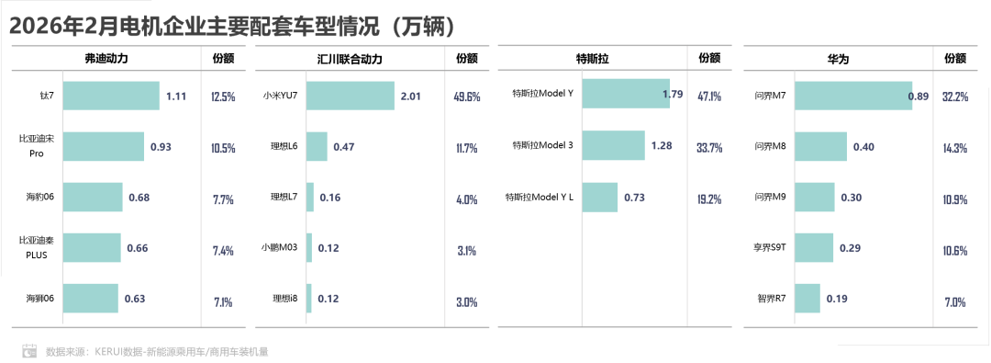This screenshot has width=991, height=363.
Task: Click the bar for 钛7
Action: click(111, 96)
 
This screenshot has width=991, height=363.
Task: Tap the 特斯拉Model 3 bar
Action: click(613, 146)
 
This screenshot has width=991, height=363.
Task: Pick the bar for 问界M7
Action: click(852, 96)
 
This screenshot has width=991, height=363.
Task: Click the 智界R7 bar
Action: click(807, 298)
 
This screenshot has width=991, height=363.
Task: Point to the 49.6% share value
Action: click(467, 96)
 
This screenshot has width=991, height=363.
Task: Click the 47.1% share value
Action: click(709, 96)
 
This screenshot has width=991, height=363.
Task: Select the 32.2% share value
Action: click(955, 96)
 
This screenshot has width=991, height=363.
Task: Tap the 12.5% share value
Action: click(224, 96)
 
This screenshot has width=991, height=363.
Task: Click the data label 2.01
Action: click(410, 96)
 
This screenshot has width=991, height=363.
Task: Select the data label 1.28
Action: click(662, 146)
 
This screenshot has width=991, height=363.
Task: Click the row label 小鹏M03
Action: click(281, 248)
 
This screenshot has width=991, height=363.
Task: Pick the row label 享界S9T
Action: click(769, 248)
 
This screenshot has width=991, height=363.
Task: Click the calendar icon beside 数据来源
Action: click(29, 350)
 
